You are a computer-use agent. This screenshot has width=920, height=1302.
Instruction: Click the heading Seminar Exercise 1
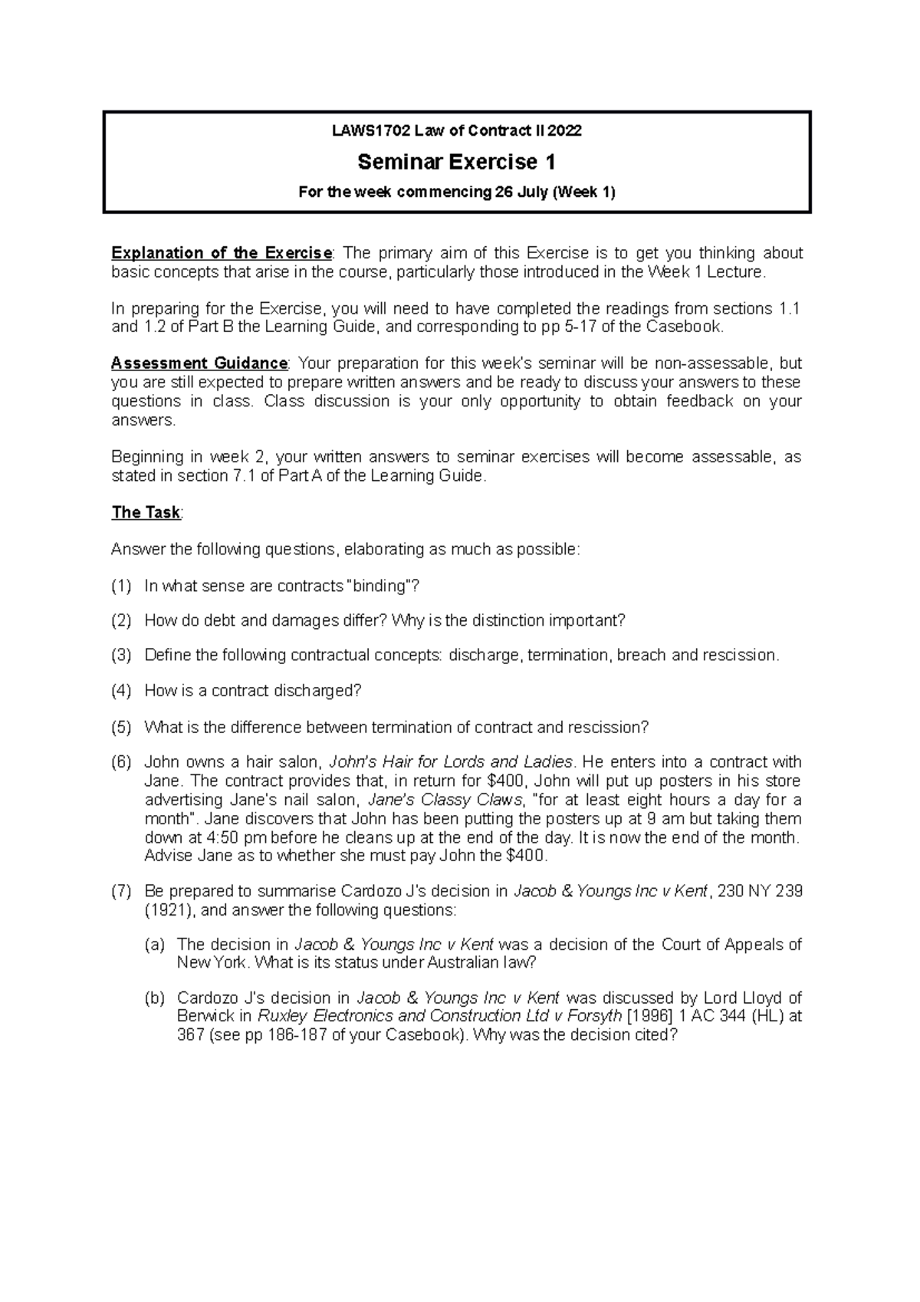point(456,162)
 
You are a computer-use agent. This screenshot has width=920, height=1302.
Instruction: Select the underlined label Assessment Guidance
point(199,363)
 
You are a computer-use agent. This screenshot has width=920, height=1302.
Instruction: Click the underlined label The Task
point(146,512)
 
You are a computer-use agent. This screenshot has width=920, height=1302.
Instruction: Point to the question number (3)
point(121,656)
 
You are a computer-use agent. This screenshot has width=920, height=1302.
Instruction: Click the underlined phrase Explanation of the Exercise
point(221,253)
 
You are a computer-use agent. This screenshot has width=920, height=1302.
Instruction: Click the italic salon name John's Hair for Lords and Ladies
point(451,762)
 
